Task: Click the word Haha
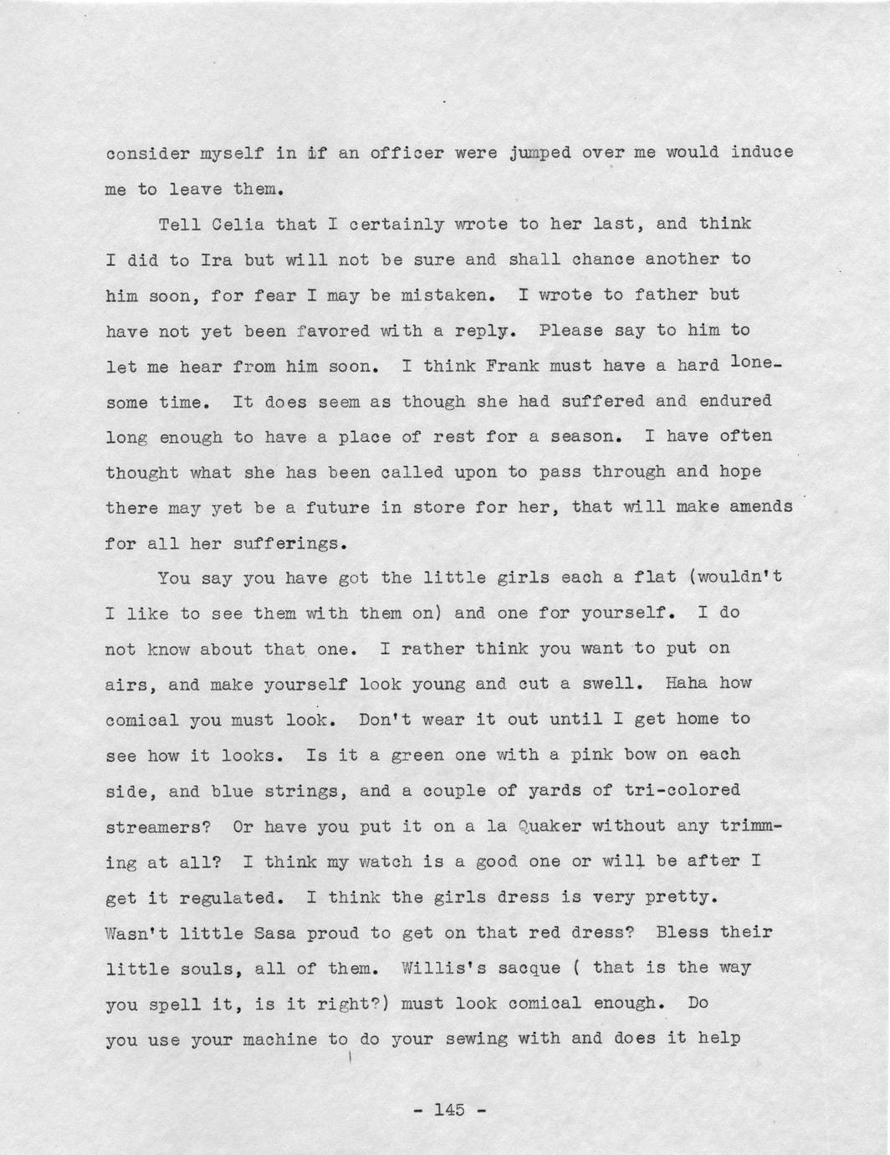coord(686,683)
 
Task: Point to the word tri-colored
coord(682,790)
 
